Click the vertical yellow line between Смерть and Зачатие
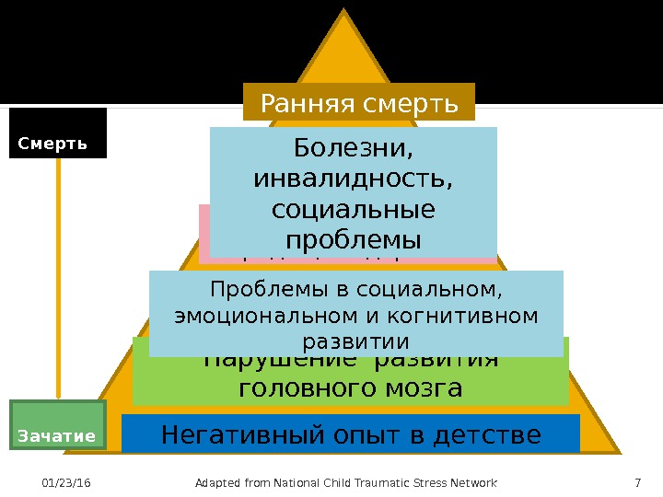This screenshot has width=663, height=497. click(x=59, y=276)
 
